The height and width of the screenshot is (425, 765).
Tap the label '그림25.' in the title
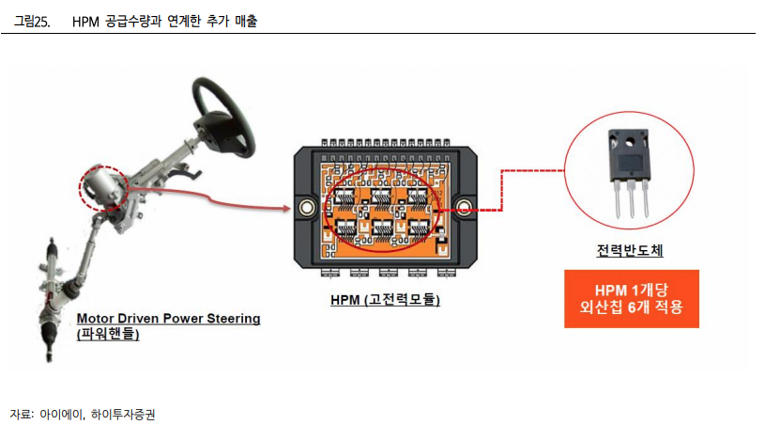click(x=32, y=22)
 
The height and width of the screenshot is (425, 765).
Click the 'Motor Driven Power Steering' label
click(x=168, y=318)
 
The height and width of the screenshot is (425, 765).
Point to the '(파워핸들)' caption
click(x=109, y=334)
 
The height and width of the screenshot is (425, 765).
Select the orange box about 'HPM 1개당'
click(x=631, y=298)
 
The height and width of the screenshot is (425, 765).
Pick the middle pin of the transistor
click(x=631, y=203)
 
